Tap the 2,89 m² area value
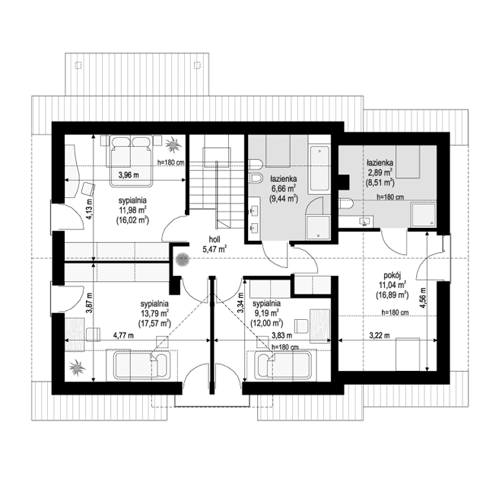[x=379, y=173]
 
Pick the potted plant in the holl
[x=182, y=259]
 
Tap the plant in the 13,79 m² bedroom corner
[x=77, y=369]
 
